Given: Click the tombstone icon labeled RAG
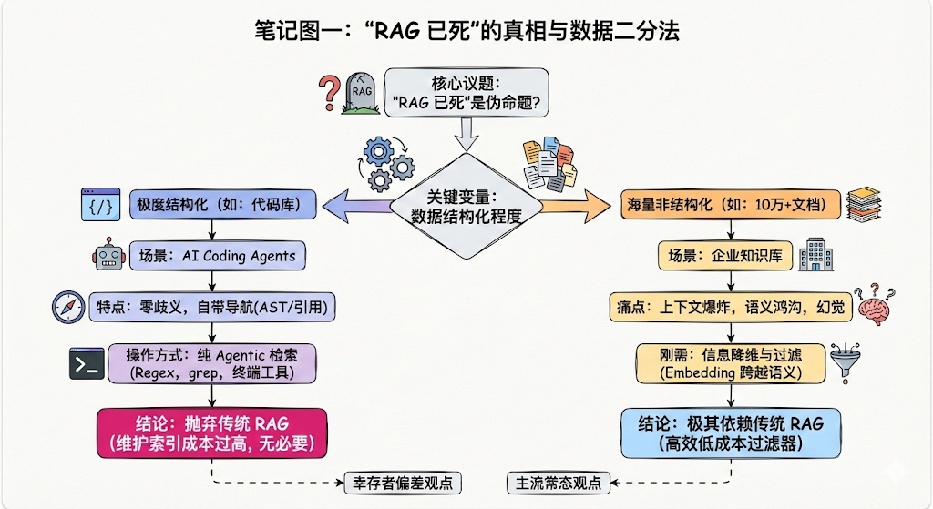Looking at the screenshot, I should coord(361,93).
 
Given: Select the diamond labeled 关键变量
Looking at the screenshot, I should coord(466,205).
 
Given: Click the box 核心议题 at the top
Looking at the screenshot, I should coord(466,93).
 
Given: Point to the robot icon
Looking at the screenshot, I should coord(106,256).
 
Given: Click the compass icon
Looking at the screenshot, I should coord(67,308).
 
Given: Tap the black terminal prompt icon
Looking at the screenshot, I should coord(87,362).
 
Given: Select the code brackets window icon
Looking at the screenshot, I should coord(101,204).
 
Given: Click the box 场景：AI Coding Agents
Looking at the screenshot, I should coord(217,256).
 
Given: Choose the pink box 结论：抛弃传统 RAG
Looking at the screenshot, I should coord(211,432).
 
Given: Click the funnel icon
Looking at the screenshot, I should coord(845,363).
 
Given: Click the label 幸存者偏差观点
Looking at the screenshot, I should coord(399,482).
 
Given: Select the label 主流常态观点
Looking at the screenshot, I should coord(559,482).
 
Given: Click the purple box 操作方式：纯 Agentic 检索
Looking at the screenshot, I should coord(211,362).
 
